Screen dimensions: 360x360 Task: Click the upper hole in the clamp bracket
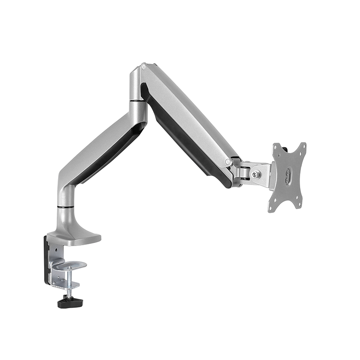[x=56, y=248]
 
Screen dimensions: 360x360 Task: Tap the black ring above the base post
[x=66, y=207]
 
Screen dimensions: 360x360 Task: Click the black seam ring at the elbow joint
[x=138, y=102]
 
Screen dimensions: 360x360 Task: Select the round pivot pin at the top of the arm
[x=144, y=67]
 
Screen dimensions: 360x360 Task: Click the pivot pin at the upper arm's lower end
[x=229, y=161]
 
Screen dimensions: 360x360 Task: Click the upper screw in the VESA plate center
[x=288, y=171]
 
